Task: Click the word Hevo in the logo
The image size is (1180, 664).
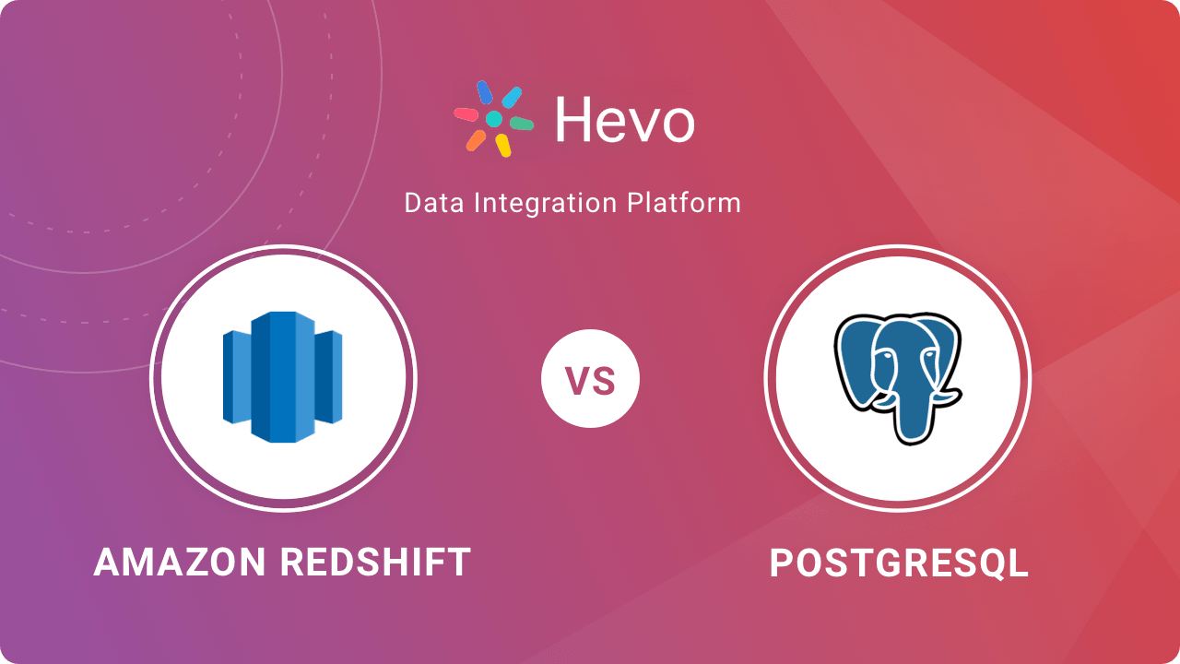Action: coord(625,120)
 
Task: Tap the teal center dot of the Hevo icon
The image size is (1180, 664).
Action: coord(493,119)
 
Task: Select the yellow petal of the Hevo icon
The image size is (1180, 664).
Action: coord(503,146)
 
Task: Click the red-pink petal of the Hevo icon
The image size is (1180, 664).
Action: coord(466,113)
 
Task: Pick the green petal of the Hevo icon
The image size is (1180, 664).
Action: coord(522,124)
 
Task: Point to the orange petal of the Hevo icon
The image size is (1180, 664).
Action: coord(476,141)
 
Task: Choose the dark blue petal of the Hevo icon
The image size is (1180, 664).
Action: coord(485,92)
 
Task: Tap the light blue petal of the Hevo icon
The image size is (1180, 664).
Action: coord(512,98)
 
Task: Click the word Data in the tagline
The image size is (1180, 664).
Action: coord(434,204)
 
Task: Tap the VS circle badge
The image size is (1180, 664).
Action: coord(590,378)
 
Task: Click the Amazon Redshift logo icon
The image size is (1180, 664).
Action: coord(283,377)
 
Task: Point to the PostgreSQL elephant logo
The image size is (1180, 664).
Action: coord(898,378)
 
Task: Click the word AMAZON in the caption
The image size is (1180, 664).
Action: coord(180,563)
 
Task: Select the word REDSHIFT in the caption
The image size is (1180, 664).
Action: coord(375,563)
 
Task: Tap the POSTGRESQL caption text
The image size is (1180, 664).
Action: coord(899,563)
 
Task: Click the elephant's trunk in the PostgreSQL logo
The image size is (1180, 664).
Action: coord(914,411)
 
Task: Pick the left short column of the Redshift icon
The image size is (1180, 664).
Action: coord(237,377)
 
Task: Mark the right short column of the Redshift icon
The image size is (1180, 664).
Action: coord(329,377)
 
